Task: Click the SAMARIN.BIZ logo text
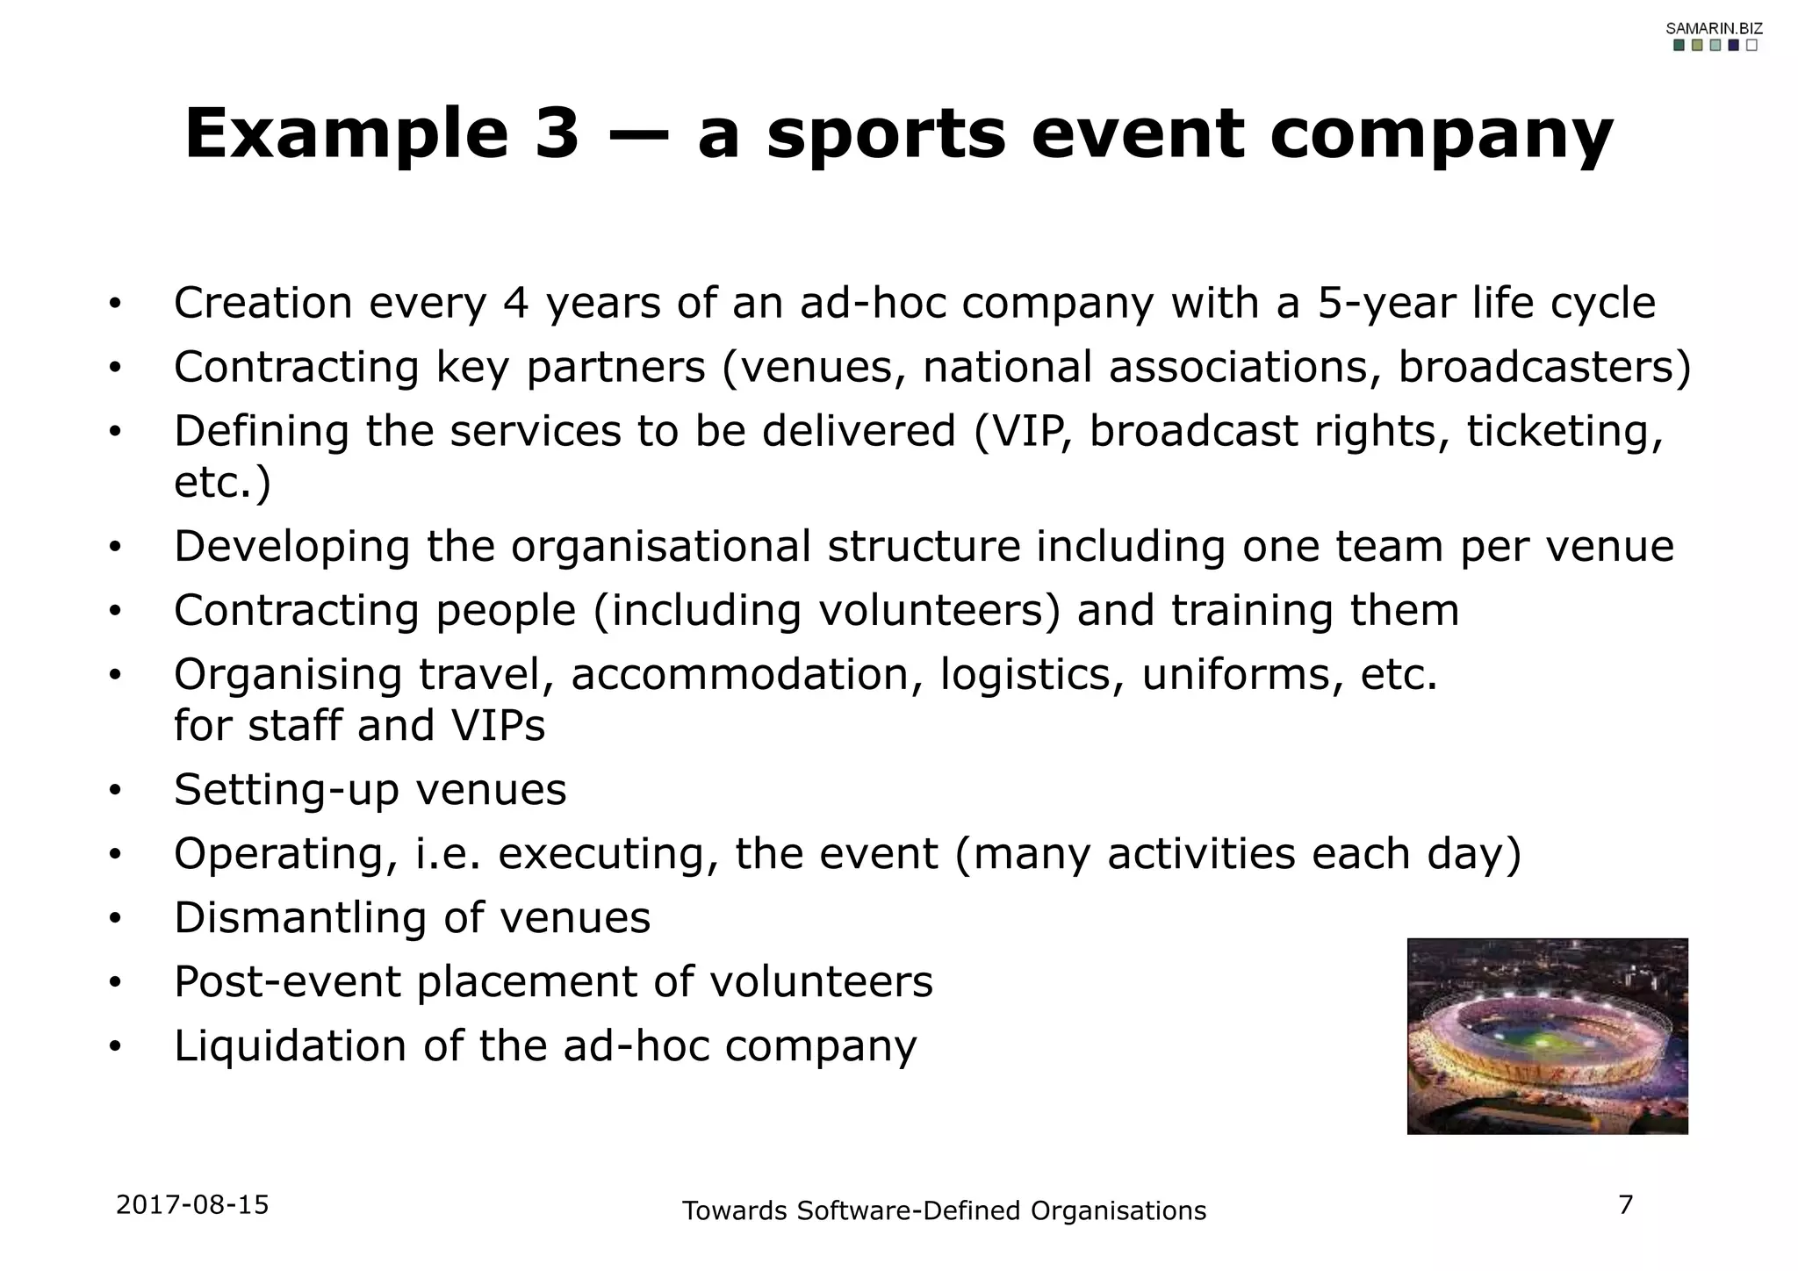tap(1714, 28)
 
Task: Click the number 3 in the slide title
tap(557, 133)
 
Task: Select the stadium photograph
tap(1547, 1036)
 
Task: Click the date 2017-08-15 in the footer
tap(192, 1204)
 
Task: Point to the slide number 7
tap(1625, 1204)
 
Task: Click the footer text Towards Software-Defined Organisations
tap(944, 1210)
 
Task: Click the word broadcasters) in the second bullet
tap(1544, 367)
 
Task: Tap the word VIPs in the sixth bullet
tap(498, 725)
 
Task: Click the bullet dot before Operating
tap(114, 855)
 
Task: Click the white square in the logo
tap(1751, 46)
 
